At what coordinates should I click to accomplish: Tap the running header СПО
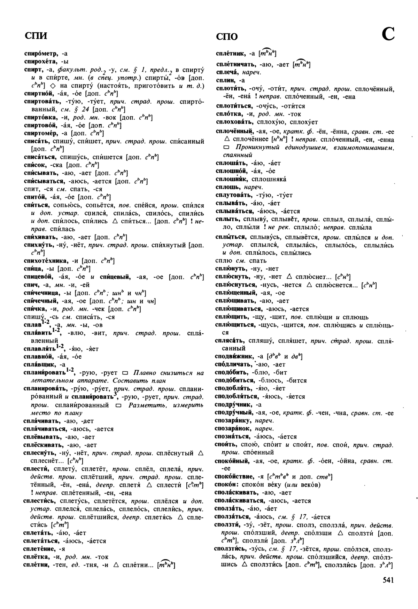(227, 37)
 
